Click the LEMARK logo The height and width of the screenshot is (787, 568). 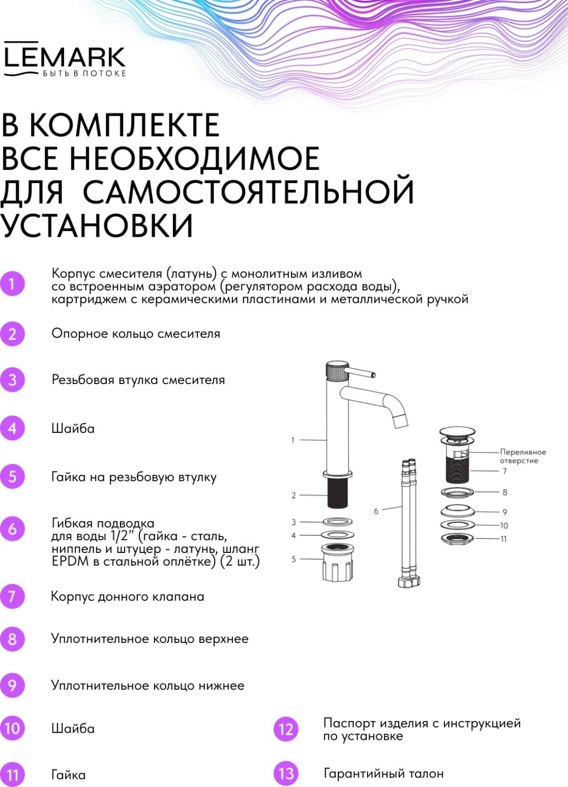click(65, 59)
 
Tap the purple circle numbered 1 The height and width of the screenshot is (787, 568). click(12, 284)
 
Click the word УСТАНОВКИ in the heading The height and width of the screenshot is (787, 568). click(97, 224)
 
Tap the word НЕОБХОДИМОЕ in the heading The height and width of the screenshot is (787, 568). click(195, 158)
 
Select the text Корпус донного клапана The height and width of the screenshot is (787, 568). click(127, 596)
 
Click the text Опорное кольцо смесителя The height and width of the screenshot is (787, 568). click(136, 334)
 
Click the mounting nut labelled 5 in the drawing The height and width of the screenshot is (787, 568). click(337, 562)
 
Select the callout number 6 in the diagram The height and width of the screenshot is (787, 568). click(376, 511)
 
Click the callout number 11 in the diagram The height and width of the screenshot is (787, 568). click(503, 539)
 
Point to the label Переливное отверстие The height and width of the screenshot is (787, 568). click(523, 456)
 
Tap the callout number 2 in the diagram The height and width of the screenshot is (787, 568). click(293, 496)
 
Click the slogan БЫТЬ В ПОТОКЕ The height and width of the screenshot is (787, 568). click(84, 74)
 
